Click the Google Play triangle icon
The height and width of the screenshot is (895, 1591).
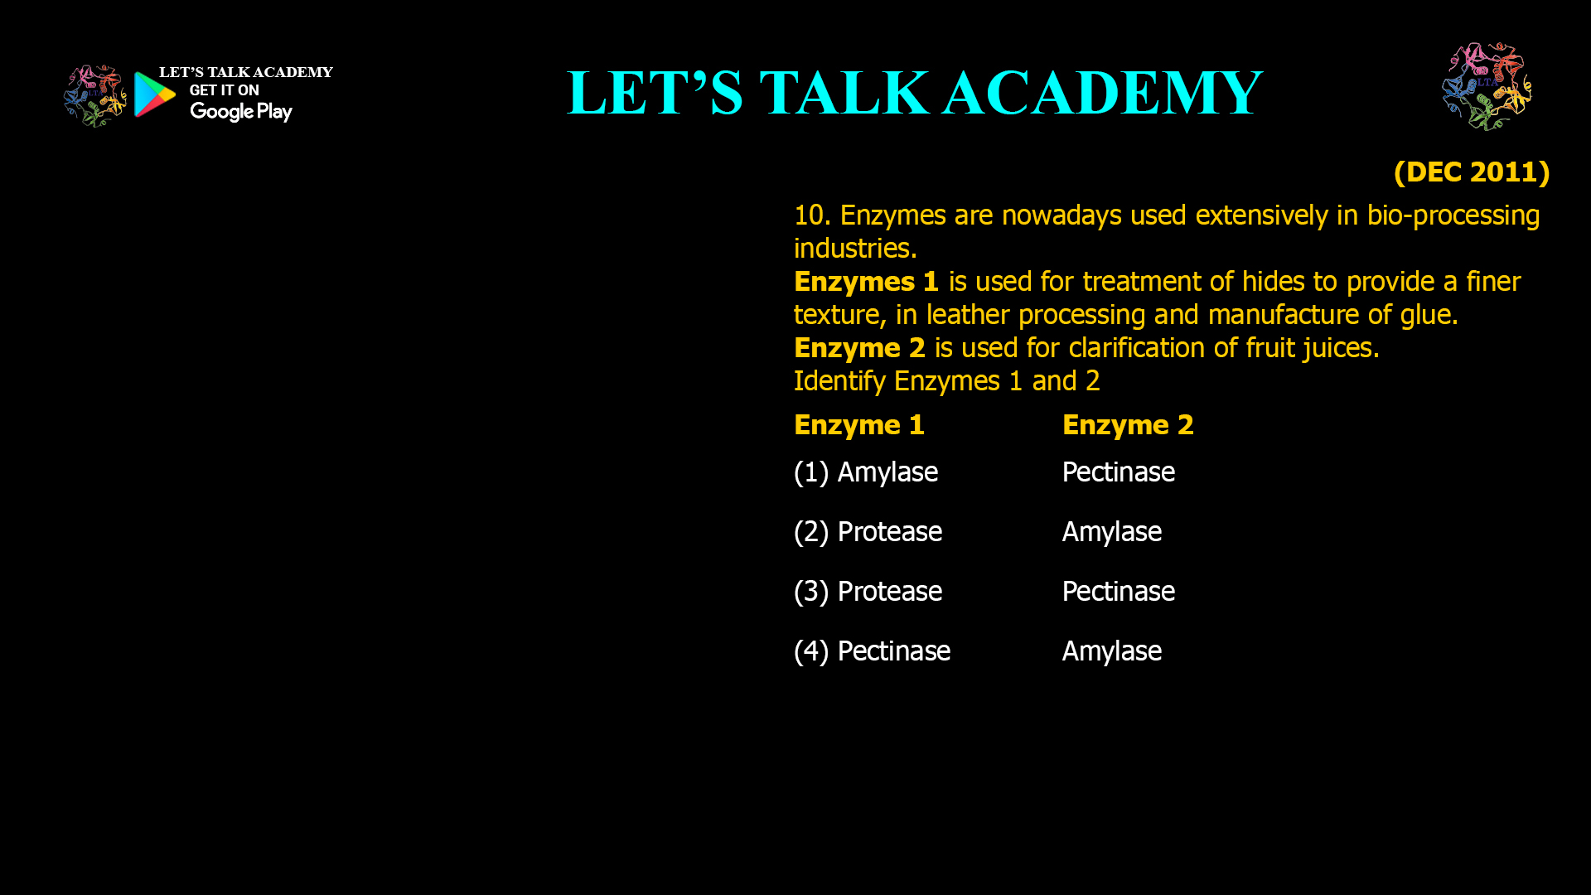[x=154, y=94]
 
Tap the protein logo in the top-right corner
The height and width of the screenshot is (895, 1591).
[x=1487, y=86]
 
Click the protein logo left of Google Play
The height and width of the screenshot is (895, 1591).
[x=94, y=95]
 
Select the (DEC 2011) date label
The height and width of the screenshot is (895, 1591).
[x=1471, y=172]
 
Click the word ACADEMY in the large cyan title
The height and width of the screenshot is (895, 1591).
[x=1102, y=93]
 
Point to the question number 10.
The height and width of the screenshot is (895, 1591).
[x=811, y=215]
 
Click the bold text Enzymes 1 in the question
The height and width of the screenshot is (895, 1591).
[x=866, y=282]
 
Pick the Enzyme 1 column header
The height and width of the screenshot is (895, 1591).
[x=858, y=425]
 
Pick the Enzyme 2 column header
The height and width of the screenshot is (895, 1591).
[x=1128, y=425]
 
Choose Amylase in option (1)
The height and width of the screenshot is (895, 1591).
[x=887, y=472]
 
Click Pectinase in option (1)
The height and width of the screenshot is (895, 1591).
[x=1118, y=472]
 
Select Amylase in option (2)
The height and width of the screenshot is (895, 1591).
[x=1111, y=532]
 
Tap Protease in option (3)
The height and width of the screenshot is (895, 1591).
[x=889, y=592]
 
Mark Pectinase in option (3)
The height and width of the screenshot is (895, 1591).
[x=1118, y=592]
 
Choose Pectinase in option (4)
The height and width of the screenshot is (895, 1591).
[x=893, y=651]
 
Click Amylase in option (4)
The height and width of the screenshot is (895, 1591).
[x=1111, y=651]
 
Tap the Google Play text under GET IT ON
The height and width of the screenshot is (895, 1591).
[x=240, y=112]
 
